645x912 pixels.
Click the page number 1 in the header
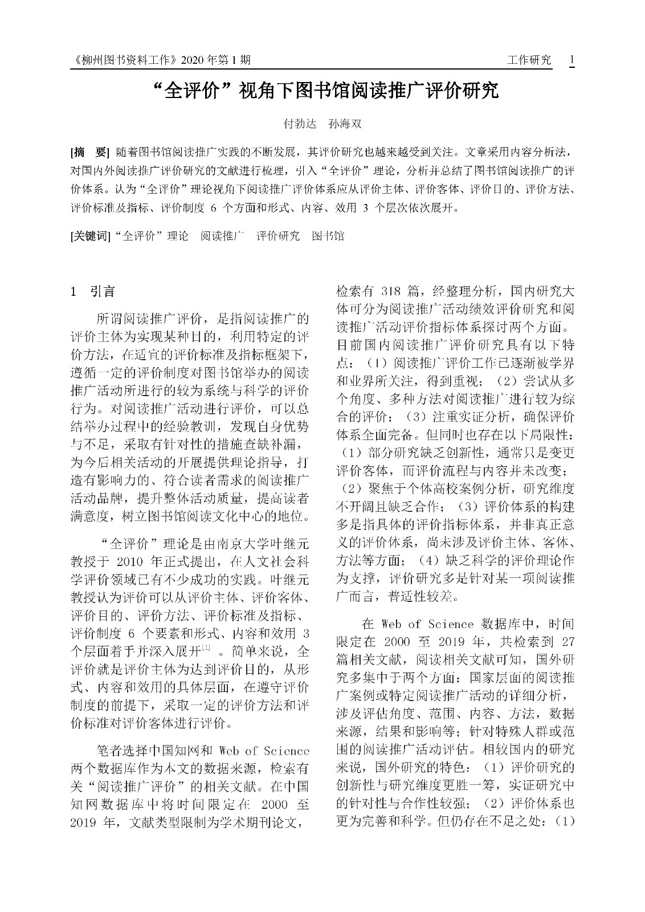tap(571, 60)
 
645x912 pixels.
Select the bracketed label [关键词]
tap(89, 236)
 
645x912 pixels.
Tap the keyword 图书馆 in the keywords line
tap(328, 236)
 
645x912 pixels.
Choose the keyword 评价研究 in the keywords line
tap(277, 236)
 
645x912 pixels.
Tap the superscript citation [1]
tap(206, 648)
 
